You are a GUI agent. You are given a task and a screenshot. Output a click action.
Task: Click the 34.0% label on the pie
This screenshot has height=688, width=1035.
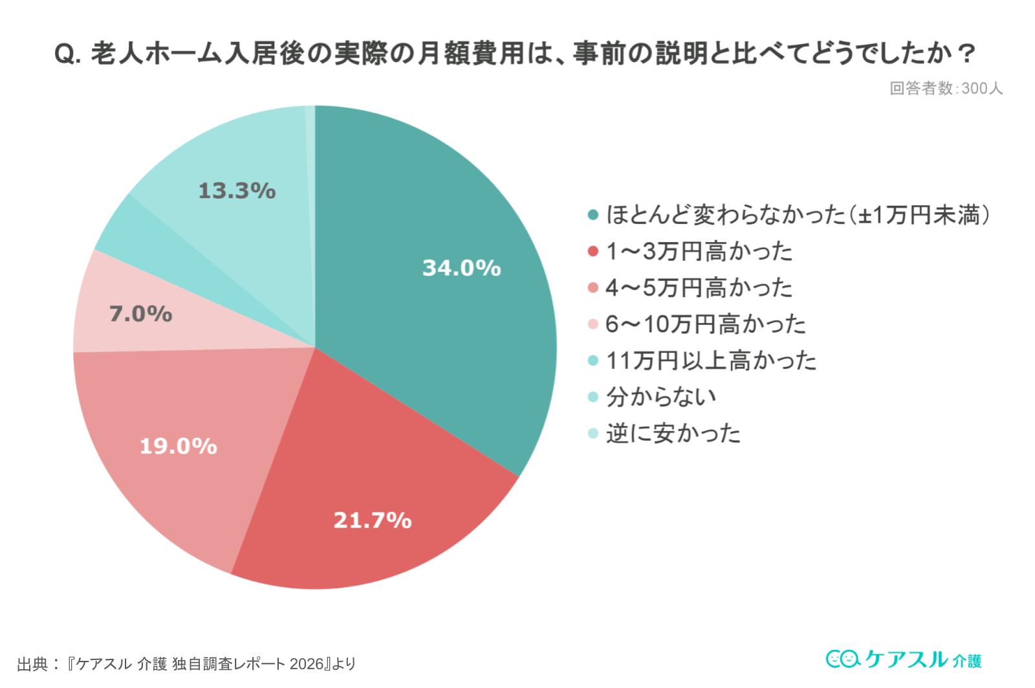coord(461,268)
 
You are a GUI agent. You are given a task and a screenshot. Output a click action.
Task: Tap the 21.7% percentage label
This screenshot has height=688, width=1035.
coord(372,520)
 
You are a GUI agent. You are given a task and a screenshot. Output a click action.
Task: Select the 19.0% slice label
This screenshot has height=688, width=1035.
coord(179,446)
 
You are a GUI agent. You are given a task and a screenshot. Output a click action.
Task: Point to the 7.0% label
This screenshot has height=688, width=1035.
coord(140,314)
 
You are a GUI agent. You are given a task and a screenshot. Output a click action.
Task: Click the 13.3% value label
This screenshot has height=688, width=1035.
coord(237,191)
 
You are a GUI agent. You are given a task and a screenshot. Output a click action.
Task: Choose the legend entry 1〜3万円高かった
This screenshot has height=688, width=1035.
coord(699,251)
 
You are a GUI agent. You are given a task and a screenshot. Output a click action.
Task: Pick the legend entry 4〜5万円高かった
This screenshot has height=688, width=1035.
coord(699,287)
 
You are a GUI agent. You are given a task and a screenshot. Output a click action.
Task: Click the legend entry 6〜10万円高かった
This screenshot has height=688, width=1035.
coord(705,324)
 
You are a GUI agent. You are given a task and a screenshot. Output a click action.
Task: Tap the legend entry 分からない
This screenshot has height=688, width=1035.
coord(661,397)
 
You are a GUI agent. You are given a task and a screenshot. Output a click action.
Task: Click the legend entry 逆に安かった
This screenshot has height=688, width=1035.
coord(673,433)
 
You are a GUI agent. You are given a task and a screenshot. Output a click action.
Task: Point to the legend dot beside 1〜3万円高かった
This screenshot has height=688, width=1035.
coord(593,251)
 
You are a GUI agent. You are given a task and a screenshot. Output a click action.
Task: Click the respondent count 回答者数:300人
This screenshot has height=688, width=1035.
coord(946,89)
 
